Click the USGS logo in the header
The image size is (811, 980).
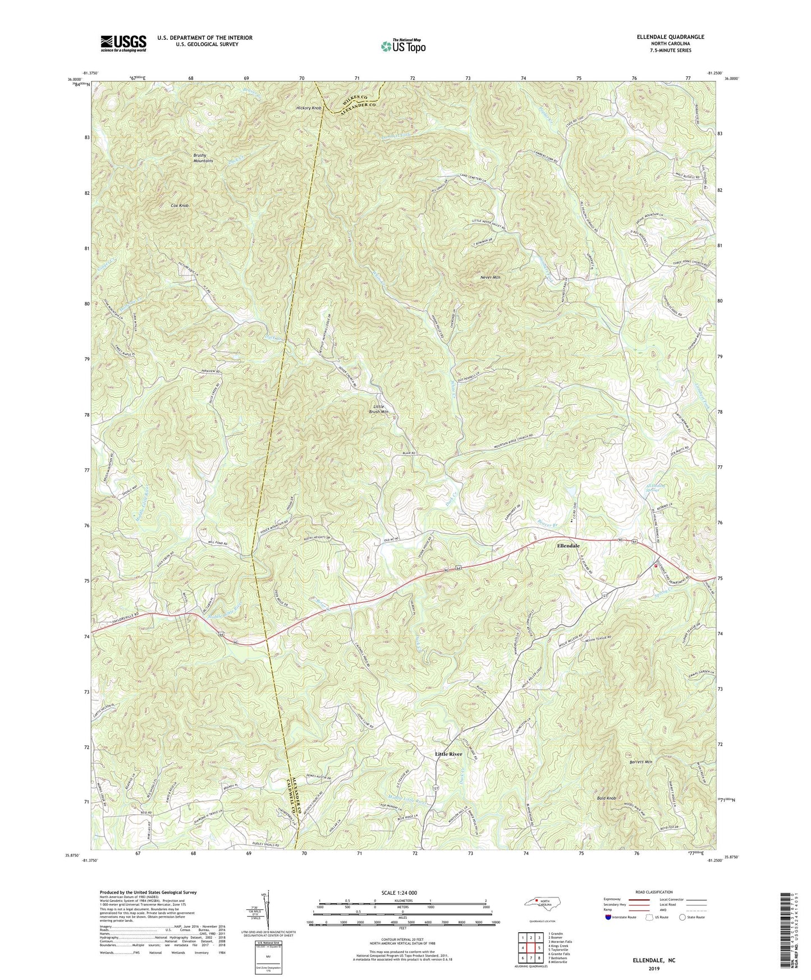point(123,43)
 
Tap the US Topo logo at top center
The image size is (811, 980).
point(402,46)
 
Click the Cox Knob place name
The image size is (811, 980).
point(180,206)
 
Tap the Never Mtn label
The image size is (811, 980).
point(490,277)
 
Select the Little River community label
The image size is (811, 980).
point(448,754)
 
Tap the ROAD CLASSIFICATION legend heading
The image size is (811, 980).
point(654,892)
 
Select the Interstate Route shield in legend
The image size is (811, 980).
point(610,917)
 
